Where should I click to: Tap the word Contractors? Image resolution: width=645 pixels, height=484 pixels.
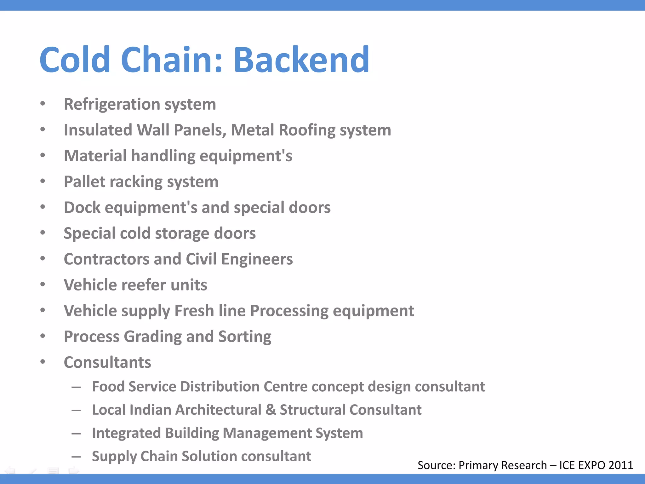point(106,259)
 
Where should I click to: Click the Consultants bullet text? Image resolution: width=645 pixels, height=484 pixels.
point(107,363)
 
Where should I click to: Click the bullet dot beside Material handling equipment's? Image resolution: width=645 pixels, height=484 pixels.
point(43,155)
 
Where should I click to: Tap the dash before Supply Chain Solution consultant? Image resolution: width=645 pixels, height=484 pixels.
point(76,457)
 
